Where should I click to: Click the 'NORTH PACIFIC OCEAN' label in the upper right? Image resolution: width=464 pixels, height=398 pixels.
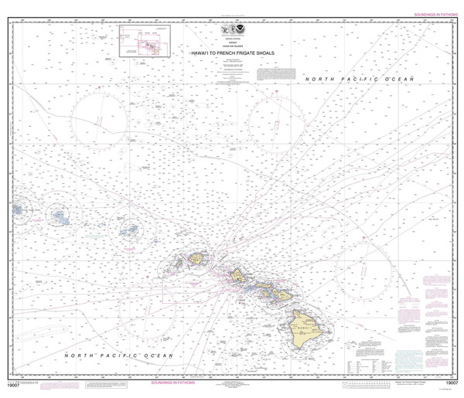pos(360,80)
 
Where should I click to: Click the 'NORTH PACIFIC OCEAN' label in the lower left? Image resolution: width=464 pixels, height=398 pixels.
pos(119,354)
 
